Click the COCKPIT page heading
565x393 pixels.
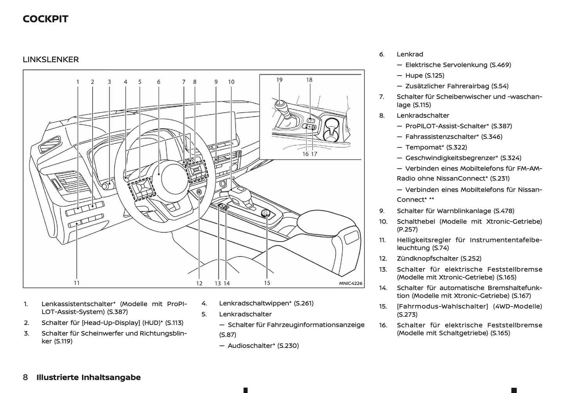45,19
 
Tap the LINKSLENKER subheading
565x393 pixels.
51,59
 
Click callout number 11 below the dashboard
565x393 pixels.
77,283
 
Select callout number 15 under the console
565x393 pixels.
267,283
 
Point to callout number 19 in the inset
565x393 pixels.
279,80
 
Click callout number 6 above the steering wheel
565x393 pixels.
159,82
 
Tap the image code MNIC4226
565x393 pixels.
350,283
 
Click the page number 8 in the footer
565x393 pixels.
25,377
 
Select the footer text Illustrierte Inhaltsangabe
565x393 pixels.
88,377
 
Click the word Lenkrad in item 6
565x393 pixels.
410,54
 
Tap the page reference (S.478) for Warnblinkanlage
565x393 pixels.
504,211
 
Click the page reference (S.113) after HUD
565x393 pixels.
174,323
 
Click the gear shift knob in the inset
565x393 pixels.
280,105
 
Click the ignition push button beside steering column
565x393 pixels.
199,192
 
